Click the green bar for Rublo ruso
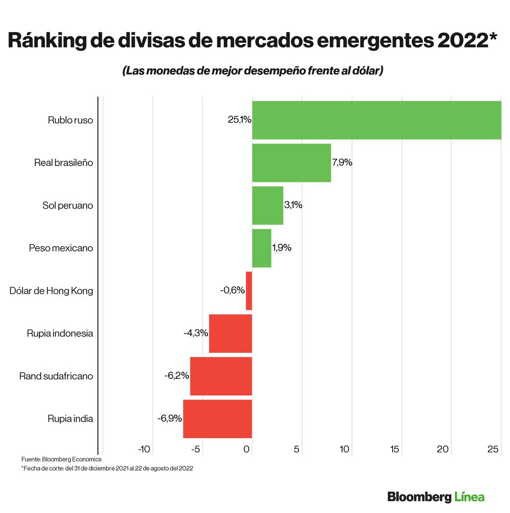click(376, 120)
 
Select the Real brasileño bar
click(291, 163)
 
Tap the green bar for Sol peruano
click(267, 206)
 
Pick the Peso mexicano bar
click(262, 248)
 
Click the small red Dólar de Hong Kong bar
click(249, 291)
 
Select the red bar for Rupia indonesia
click(231, 334)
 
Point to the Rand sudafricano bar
click(221, 376)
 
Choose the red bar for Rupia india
click(217, 419)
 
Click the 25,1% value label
click(239, 120)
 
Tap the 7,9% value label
click(342, 163)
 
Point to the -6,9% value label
click(170, 419)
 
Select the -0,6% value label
click(232, 291)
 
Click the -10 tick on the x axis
click(145, 449)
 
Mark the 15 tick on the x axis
click(394, 449)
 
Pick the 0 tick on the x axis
click(247, 449)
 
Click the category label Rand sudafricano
click(56, 376)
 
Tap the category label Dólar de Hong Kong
click(52, 291)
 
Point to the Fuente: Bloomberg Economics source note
click(61, 459)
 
